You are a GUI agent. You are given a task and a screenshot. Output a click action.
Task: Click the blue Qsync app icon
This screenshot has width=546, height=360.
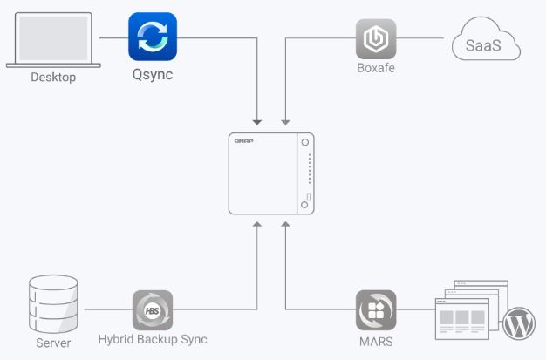coord(153,37)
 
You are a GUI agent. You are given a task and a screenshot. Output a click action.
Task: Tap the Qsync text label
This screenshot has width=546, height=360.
coord(153,75)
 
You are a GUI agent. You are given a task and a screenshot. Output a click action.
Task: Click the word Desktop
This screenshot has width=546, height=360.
coord(53,78)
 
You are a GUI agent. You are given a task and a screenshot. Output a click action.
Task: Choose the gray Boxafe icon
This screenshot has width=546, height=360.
coord(376,38)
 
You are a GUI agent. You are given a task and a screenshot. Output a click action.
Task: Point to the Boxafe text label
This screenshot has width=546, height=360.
coord(376,68)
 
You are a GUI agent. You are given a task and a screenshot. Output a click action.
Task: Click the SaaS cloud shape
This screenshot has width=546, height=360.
coord(486,42)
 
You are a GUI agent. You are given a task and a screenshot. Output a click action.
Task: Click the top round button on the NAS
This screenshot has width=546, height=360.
coord(304,143)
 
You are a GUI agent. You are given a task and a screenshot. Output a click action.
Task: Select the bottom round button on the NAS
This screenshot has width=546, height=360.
coord(304,204)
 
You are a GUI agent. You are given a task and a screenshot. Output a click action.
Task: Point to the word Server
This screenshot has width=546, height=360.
coord(53,342)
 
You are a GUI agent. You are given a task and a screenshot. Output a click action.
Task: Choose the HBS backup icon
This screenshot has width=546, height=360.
coord(152,310)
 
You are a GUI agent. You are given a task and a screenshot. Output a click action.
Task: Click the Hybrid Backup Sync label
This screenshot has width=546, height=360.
coord(153,340)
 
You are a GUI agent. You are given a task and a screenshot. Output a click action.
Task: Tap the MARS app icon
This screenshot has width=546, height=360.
coord(376,309)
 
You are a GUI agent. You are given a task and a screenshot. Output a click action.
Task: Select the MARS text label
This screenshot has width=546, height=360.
coord(376,340)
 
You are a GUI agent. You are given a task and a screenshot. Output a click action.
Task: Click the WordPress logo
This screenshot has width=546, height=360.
coord(518,323)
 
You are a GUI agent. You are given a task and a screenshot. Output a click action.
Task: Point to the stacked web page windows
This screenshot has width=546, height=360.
coord(466,313)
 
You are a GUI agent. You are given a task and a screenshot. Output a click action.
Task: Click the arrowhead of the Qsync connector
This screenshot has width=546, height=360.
coord(257,119)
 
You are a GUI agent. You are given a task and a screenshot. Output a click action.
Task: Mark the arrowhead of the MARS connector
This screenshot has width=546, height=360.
coord(285,226)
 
